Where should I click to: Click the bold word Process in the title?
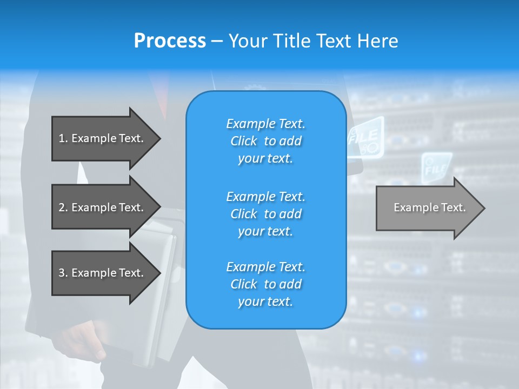coord(170,41)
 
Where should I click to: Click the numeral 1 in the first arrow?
coord(62,138)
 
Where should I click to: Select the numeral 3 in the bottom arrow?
coord(62,273)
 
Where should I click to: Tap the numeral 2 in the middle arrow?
coord(62,207)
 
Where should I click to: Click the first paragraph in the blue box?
coord(265,141)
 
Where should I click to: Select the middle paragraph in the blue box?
coord(265,214)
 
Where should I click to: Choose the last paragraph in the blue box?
coord(265,284)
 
